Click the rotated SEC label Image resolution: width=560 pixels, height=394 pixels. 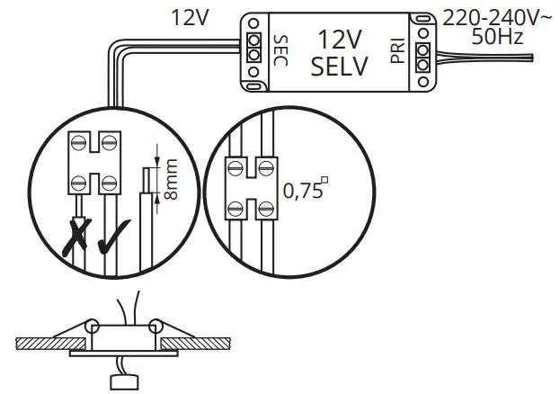pyautogui.click(x=279, y=50)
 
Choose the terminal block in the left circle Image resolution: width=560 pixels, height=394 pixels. pyautogui.click(x=95, y=162)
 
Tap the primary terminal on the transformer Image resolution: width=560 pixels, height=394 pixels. pyautogui.click(x=422, y=49)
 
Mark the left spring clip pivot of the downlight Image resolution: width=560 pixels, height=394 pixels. pyautogui.click(x=93, y=326)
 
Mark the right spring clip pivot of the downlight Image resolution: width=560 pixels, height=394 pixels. pyautogui.click(x=155, y=326)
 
